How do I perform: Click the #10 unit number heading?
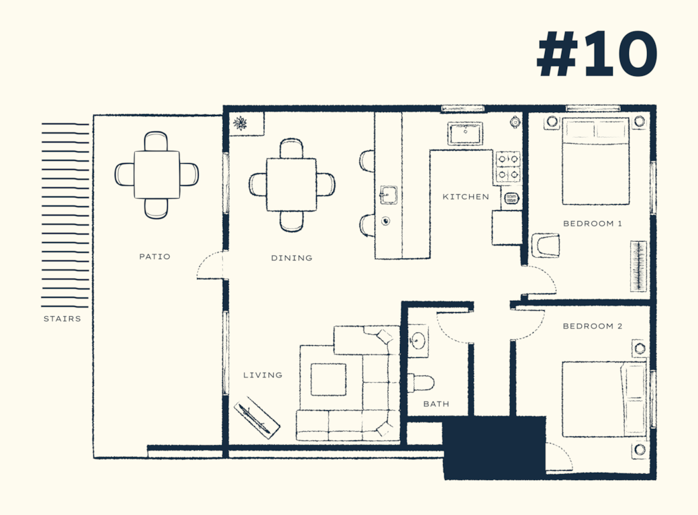(x=597, y=54)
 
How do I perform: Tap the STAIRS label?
(x=62, y=319)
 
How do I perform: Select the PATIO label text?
(x=154, y=256)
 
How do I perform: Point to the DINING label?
(x=291, y=258)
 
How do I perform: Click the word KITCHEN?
(x=466, y=197)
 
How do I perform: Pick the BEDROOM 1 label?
(x=593, y=224)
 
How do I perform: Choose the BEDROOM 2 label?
(x=593, y=326)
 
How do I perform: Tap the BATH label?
(x=436, y=404)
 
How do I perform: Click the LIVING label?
(x=262, y=375)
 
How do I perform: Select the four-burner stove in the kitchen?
(x=508, y=167)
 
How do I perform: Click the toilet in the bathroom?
(x=421, y=383)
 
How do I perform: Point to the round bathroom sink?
(x=418, y=341)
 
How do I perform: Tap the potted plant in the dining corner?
(x=241, y=122)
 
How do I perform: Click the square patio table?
(x=156, y=175)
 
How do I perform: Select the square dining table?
(x=291, y=185)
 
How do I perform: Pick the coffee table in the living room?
(x=328, y=379)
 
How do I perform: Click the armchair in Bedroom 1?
(x=545, y=245)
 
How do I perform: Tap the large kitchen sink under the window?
(x=465, y=133)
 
